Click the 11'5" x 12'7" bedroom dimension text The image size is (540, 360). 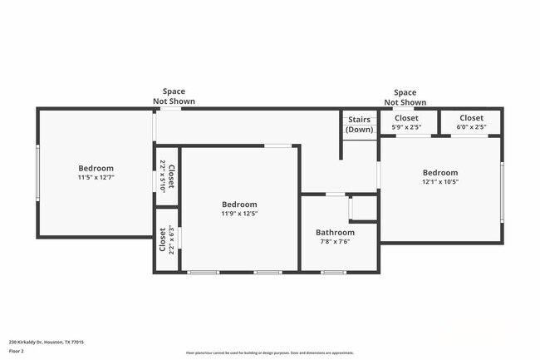(x=96, y=177)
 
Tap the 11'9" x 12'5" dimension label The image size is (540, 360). (x=239, y=214)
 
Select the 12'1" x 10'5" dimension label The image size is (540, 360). (x=440, y=182)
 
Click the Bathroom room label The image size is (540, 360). (x=335, y=233)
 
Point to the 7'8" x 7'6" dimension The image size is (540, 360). (x=335, y=242)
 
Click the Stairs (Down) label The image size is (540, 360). (x=359, y=125)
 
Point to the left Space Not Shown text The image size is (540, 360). (x=174, y=96)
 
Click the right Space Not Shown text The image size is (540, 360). (x=405, y=97)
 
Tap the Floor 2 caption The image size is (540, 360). (x=17, y=352)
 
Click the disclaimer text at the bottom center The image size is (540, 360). (x=270, y=353)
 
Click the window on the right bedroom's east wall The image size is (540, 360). (x=502, y=191)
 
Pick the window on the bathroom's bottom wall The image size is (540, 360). (x=334, y=272)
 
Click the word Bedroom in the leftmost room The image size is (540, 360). (x=96, y=168)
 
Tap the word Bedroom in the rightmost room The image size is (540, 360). (x=440, y=173)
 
